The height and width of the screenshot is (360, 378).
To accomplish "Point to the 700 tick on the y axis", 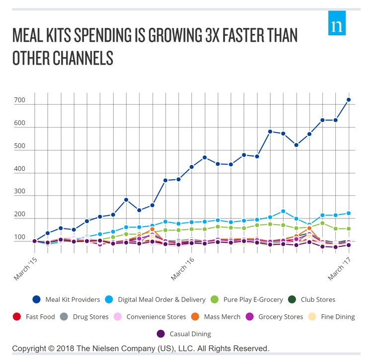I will (19, 101).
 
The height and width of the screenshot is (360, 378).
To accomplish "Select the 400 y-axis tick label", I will (19, 169).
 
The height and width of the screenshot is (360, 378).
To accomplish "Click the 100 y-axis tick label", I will (19, 237).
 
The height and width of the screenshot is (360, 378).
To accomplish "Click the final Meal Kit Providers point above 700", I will (349, 100).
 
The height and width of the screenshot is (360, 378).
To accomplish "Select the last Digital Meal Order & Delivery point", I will (349, 213).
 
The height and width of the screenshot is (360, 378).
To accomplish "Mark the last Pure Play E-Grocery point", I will (349, 229).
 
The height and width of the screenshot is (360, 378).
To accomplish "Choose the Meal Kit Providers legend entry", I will (67, 299).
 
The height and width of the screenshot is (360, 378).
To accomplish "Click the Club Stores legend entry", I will (312, 299).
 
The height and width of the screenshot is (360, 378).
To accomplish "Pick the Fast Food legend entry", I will (35, 316).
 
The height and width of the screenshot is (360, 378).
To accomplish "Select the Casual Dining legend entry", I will (184, 334).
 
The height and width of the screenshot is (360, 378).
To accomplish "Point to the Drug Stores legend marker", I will (63, 316).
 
